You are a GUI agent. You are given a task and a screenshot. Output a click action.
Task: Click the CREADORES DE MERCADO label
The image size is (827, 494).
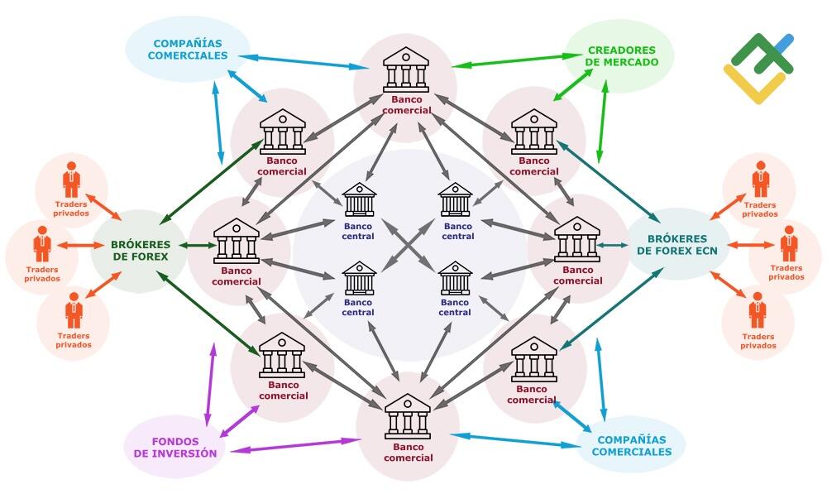click(x=623, y=56)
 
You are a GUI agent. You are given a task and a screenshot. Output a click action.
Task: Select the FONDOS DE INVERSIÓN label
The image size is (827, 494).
click(x=175, y=448)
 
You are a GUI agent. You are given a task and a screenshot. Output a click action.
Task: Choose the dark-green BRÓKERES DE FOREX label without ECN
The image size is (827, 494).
click(x=141, y=251)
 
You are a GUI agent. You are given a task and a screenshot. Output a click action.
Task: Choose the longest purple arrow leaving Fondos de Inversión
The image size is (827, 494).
click(x=295, y=445)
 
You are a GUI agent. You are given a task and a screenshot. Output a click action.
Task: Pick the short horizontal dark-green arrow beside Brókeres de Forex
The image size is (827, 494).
click(x=198, y=245)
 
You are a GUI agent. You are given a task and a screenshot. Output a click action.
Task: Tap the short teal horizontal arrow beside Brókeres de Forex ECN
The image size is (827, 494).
click(x=613, y=245)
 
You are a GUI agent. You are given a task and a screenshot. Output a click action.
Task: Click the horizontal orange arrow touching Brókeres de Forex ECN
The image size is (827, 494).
click(x=752, y=245)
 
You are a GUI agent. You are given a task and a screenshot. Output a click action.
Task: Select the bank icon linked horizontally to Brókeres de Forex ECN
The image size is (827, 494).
click(x=577, y=239)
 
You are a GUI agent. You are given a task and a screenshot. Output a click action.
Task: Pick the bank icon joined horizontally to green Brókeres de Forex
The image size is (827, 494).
click(x=237, y=241)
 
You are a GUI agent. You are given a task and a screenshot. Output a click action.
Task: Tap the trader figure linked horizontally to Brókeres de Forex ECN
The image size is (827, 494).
click(x=789, y=244)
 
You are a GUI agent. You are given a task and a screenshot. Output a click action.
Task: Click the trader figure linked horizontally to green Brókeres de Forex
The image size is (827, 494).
click(x=42, y=244)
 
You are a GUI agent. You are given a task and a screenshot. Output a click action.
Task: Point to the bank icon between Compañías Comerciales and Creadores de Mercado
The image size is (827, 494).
click(x=406, y=70)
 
